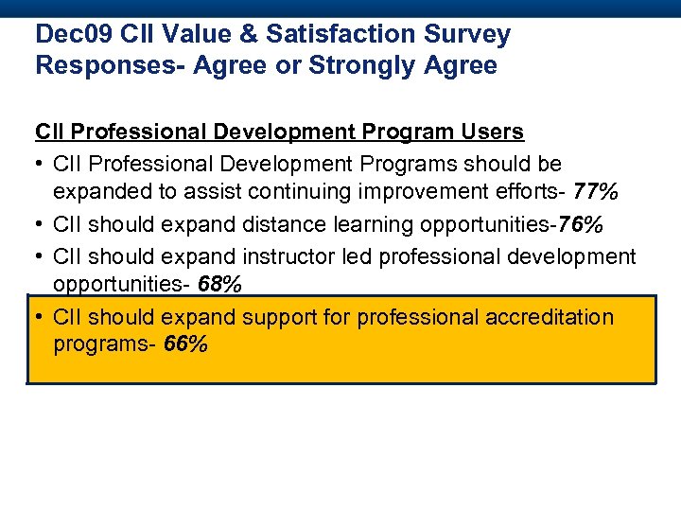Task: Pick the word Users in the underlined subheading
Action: (493, 132)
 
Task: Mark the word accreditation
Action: (550, 317)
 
